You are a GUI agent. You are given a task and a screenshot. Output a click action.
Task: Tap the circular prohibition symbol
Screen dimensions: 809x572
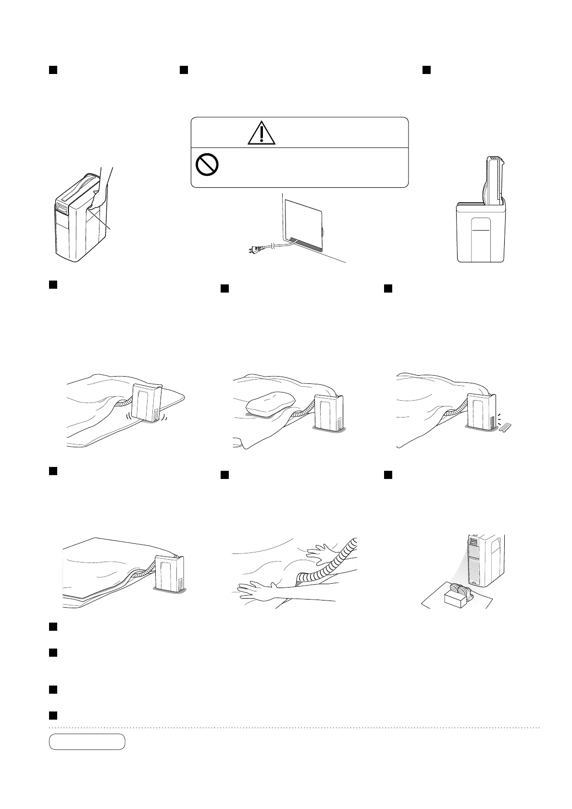click(207, 165)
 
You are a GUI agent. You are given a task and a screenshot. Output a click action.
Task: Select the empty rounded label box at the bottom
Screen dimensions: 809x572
click(87, 741)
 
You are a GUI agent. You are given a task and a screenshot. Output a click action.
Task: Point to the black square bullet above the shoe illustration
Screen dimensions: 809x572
click(389, 475)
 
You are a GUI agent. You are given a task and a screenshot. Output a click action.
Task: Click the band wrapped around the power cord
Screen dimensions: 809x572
click(274, 246)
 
